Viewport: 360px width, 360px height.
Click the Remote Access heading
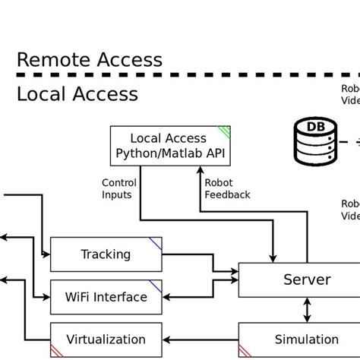coord(90,60)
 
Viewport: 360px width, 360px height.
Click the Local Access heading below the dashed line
coord(77,94)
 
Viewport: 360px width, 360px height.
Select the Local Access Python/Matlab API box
coord(170,145)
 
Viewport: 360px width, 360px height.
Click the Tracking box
coord(106,254)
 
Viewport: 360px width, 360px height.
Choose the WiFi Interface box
coord(106,296)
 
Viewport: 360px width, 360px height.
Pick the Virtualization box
coord(106,339)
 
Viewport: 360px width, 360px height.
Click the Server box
coord(307,279)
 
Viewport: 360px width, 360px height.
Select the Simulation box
coord(307,339)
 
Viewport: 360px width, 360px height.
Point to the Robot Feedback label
coord(227,188)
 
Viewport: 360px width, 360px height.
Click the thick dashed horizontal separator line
coord(182,76)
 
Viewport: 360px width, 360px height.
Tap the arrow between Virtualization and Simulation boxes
coord(201,339)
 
